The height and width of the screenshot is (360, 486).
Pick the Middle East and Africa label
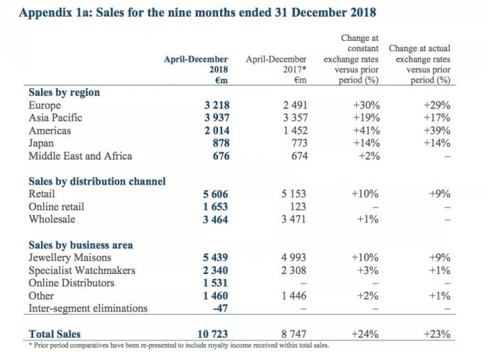point(80,155)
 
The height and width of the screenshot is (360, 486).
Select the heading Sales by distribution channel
point(97,182)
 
